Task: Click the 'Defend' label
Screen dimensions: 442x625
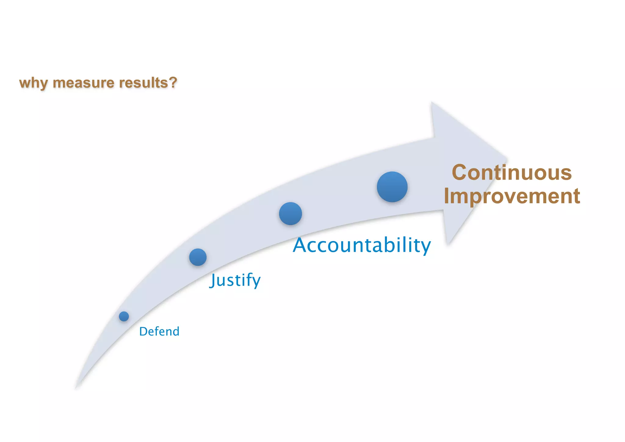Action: [x=159, y=331]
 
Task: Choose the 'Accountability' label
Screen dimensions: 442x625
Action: [x=362, y=245]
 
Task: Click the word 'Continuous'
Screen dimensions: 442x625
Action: [x=511, y=173]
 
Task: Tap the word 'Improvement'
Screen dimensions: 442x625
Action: [x=511, y=196]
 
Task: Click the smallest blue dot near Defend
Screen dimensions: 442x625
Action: [x=124, y=316]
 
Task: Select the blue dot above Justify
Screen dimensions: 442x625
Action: [x=198, y=257]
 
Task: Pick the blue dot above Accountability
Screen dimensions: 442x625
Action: [x=290, y=214]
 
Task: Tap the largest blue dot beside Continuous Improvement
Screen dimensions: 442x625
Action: [x=392, y=187]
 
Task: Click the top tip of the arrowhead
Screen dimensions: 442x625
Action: [x=432, y=103]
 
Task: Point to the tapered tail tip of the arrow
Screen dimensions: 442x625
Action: [x=76, y=388]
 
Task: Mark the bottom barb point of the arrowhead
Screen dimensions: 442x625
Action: [x=448, y=244]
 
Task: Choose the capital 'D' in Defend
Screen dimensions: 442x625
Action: [x=143, y=331]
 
